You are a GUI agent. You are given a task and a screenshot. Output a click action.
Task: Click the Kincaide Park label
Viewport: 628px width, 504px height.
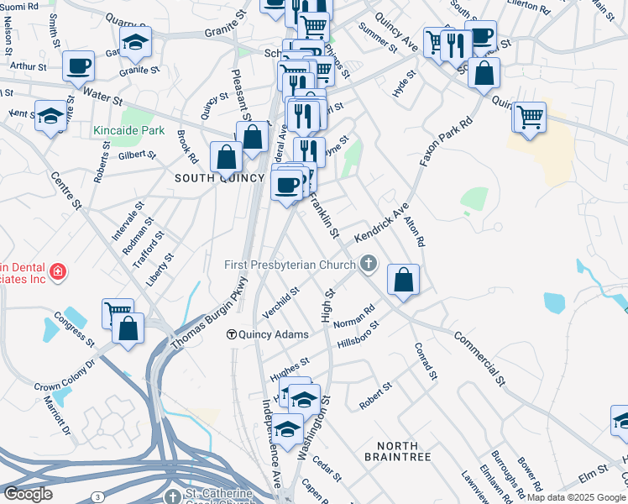tap(129, 131)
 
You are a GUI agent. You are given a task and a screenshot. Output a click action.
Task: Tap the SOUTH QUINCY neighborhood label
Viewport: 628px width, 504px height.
tap(209, 178)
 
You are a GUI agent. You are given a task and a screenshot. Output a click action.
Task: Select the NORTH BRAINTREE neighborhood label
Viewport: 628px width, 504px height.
tap(398, 450)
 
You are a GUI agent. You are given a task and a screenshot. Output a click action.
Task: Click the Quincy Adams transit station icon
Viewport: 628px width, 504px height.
tap(232, 334)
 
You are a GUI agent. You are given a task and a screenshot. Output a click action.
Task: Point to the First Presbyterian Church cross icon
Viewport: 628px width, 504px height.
tap(367, 265)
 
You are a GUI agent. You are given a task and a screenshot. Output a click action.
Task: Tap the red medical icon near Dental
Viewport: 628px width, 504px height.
tap(57, 272)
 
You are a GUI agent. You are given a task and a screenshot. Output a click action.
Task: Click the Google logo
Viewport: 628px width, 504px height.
tap(27, 494)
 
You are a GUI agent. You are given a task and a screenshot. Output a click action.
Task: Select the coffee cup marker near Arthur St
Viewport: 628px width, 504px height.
tap(79, 66)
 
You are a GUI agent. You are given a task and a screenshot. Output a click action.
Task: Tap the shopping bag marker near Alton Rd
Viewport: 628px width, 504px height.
tap(404, 281)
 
